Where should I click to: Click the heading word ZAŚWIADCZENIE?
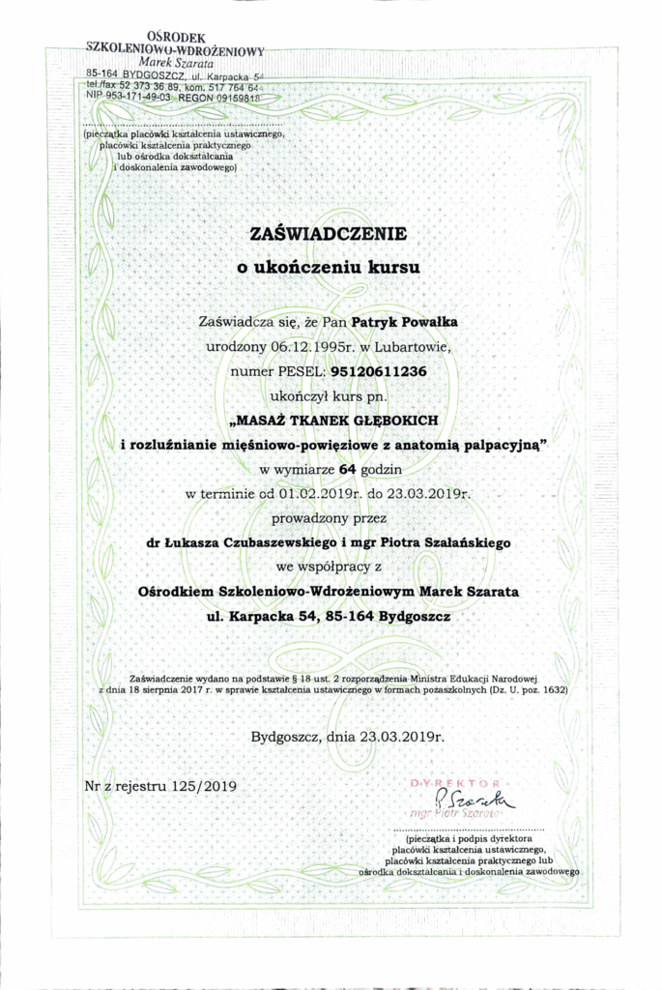click(x=329, y=234)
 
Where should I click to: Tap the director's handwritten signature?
click(x=474, y=799)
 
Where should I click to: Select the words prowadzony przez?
click(x=329, y=518)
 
